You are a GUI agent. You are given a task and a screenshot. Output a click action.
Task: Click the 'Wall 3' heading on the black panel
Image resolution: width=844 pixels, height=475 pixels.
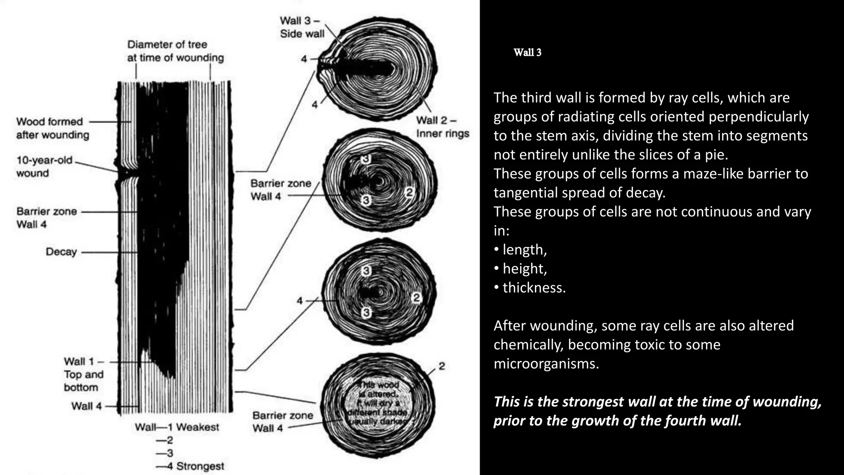pos(527,52)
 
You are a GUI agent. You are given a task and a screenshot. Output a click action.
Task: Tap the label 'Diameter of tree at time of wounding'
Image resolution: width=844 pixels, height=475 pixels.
pos(175,51)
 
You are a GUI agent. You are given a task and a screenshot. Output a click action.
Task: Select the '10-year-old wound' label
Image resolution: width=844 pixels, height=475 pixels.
pos(44,167)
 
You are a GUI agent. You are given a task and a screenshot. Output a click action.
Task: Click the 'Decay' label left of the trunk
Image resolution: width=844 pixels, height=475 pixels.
pos(61,252)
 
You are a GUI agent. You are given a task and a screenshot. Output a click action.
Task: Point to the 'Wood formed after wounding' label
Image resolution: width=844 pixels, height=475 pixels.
pos(52,128)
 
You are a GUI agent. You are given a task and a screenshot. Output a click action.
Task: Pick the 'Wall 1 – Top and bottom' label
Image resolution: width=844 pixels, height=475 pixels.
pos(84,374)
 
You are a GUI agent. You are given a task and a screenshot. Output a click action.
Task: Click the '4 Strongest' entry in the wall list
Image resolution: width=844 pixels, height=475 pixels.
pos(196,466)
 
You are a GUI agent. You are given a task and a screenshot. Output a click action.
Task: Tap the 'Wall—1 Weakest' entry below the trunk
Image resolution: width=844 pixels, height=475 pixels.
pos(177,427)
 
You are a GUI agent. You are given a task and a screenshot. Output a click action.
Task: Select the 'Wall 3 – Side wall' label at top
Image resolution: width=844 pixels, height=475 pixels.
pos(302,27)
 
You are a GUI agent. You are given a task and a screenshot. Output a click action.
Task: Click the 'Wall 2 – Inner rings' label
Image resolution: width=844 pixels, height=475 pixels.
pos(442,127)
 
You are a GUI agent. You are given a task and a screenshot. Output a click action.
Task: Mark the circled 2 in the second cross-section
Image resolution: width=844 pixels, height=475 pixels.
pos(409,192)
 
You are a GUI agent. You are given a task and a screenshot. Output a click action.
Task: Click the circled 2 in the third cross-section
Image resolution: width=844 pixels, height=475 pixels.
pos(416,297)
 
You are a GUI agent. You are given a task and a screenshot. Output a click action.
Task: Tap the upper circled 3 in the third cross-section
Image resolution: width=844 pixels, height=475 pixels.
pos(366,271)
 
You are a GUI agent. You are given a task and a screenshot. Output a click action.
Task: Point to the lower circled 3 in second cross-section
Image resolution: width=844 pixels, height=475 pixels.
pos(366,200)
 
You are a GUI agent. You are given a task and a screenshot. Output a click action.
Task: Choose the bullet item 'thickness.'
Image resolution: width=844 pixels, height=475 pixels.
pos(534,287)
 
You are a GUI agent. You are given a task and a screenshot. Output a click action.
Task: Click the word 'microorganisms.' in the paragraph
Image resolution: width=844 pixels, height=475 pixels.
pos(546,363)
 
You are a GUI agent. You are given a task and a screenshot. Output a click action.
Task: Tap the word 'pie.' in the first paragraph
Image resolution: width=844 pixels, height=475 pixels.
pos(716,155)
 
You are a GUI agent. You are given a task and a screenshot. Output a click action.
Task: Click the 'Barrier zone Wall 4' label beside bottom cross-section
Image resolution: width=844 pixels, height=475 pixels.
pos(282,421)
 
